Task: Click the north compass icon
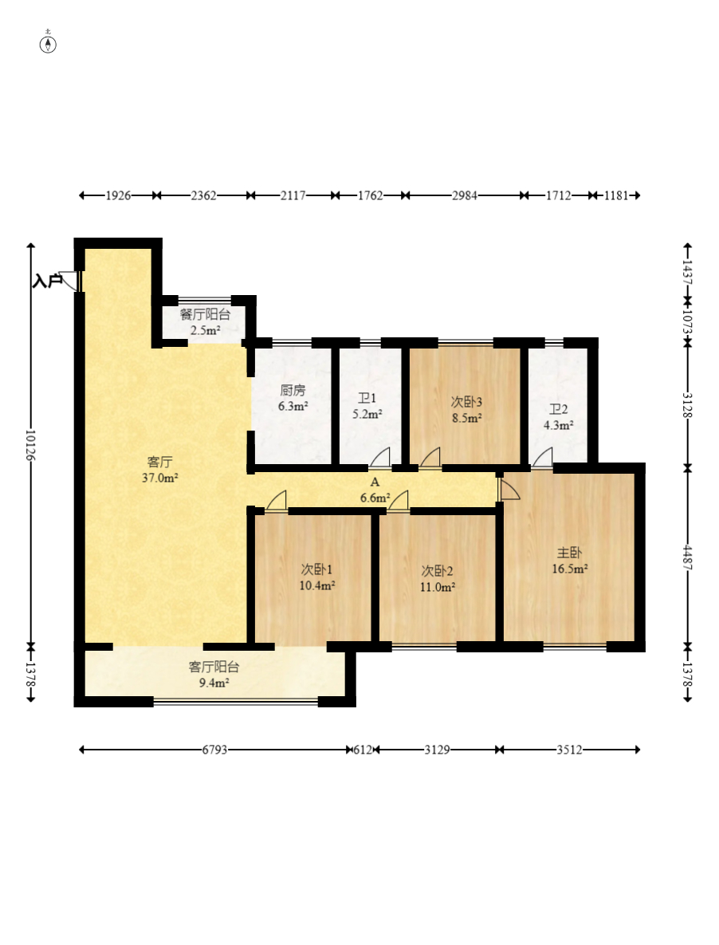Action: pyautogui.click(x=48, y=44)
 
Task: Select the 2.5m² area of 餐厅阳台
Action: pyautogui.click(x=206, y=330)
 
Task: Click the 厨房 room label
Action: pyautogui.click(x=293, y=391)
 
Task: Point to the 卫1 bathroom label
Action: pyautogui.click(x=367, y=399)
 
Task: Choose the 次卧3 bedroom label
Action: pyautogui.click(x=466, y=402)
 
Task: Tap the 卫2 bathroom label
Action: pyautogui.click(x=558, y=409)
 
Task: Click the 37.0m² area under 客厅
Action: pyautogui.click(x=159, y=478)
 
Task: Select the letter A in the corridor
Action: pyautogui.click(x=375, y=482)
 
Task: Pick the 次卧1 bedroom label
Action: pyautogui.click(x=316, y=569)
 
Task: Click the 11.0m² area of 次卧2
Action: pyautogui.click(x=437, y=586)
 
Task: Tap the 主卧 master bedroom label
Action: pyautogui.click(x=569, y=552)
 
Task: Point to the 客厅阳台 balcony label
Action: pyautogui.click(x=214, y=667)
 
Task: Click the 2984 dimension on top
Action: pyautogui.click(x=464, y=195)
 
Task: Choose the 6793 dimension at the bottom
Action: pyautogui.click(x=214, y=750)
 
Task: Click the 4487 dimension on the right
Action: pyautogui.click(x=688, y=558)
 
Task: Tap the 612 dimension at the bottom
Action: pyautogui.click(x=363, y=750)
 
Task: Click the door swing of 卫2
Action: pyautogui.click(x=543, y=458)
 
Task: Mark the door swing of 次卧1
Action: pyautogui.click(x=277, y=502)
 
